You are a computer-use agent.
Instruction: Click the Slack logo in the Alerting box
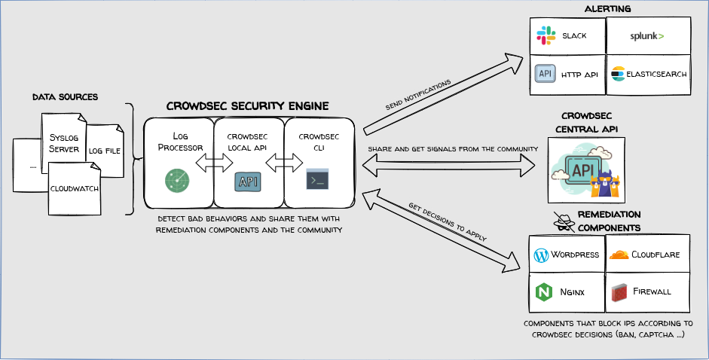[545, 35]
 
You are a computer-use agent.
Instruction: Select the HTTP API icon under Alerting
[545, 74]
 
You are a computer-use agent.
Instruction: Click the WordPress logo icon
[540, 255]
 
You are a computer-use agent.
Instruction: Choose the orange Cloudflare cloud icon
[618, 255]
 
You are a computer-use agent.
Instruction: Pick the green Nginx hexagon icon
[542, 291]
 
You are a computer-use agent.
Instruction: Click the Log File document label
[105, 151]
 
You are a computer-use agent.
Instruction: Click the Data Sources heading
[66, 97]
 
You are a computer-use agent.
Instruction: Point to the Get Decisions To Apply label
[447, 223]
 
